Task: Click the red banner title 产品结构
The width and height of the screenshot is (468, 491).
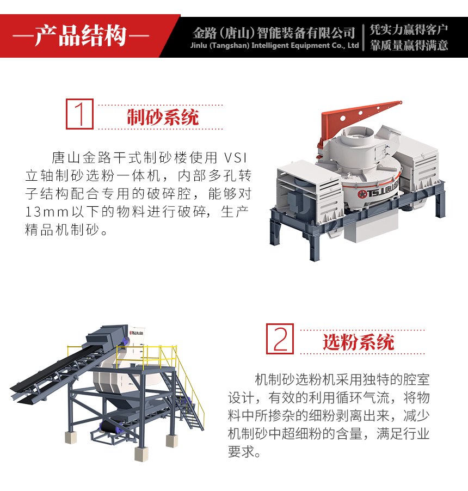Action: (x=81, y=36)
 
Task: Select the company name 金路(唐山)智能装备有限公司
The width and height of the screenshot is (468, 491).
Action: (x=274, y=33)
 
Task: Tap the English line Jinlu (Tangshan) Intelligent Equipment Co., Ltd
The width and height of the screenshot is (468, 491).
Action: (x=274, y=46)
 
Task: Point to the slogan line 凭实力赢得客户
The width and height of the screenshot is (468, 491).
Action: (x=409, y=30)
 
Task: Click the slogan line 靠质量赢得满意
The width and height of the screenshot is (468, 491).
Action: (x=409, y=45)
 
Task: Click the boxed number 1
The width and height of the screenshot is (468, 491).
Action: (x=79, y=114)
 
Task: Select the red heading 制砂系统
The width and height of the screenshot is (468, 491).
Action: (x=163, y=118)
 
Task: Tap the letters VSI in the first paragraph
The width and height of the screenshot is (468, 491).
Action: (x=236, y=157)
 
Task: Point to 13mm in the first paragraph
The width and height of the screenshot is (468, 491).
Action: (x=47, y=212)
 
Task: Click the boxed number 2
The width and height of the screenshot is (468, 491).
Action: (x=280, y=339)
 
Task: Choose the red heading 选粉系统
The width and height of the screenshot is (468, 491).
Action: (x=359, y=342)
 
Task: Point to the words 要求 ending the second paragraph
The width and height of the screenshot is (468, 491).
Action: (x=241, y=452)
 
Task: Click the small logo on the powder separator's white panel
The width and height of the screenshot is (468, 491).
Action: (x=136, y=333)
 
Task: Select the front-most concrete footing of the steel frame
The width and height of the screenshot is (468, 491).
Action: (x=141, y=454)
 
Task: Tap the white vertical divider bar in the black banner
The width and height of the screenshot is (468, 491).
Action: (x=364, y=38)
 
